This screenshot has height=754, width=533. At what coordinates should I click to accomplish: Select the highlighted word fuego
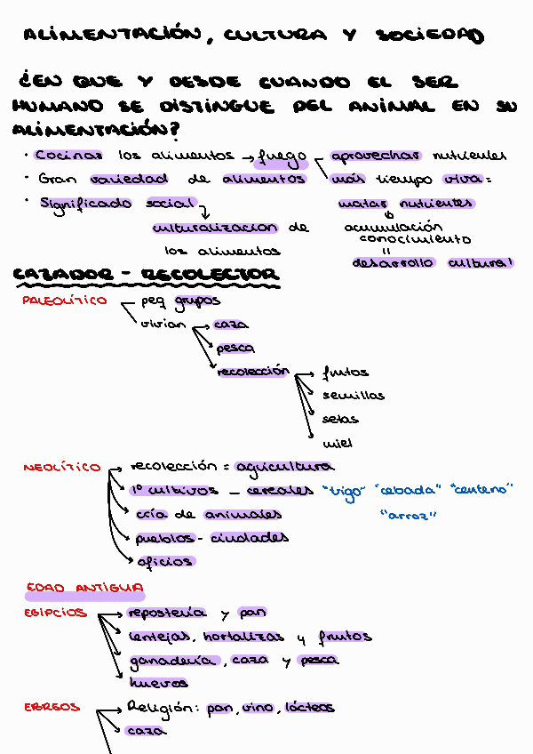pyautogui.click(x=281, y=158)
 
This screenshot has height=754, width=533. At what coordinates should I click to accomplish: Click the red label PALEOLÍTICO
pyautogui.click(x=64, y=301)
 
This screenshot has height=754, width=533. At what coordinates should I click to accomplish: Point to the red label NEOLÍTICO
pyautogui.click(x=62, y=467)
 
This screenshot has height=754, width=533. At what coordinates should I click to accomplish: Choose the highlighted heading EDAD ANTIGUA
pyautogui.click(x=85, y=588)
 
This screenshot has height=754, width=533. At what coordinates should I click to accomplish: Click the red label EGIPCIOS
pyautogui.click(x=55, y=613)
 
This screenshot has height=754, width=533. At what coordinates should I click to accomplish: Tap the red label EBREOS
pyautogui.click(x=52, y=708)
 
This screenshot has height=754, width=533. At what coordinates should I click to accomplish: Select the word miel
pyautogui.click(x=338, y=442)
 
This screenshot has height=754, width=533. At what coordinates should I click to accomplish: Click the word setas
pyautogui.click(x=340, y=419)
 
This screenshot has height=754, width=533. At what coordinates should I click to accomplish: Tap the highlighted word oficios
pyautogui.click(x=164, y=561)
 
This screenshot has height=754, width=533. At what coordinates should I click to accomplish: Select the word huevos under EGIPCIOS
pyautogui.click(x=158, y=684)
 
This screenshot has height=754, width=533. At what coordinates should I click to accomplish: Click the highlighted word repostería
pyautogui.click(x=167, y=613)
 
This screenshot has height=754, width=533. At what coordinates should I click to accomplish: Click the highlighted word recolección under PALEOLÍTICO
pyautogui.click(x=253, y=371)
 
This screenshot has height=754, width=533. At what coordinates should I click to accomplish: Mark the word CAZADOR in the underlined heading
pyautogui.click(x=60, y=275)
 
